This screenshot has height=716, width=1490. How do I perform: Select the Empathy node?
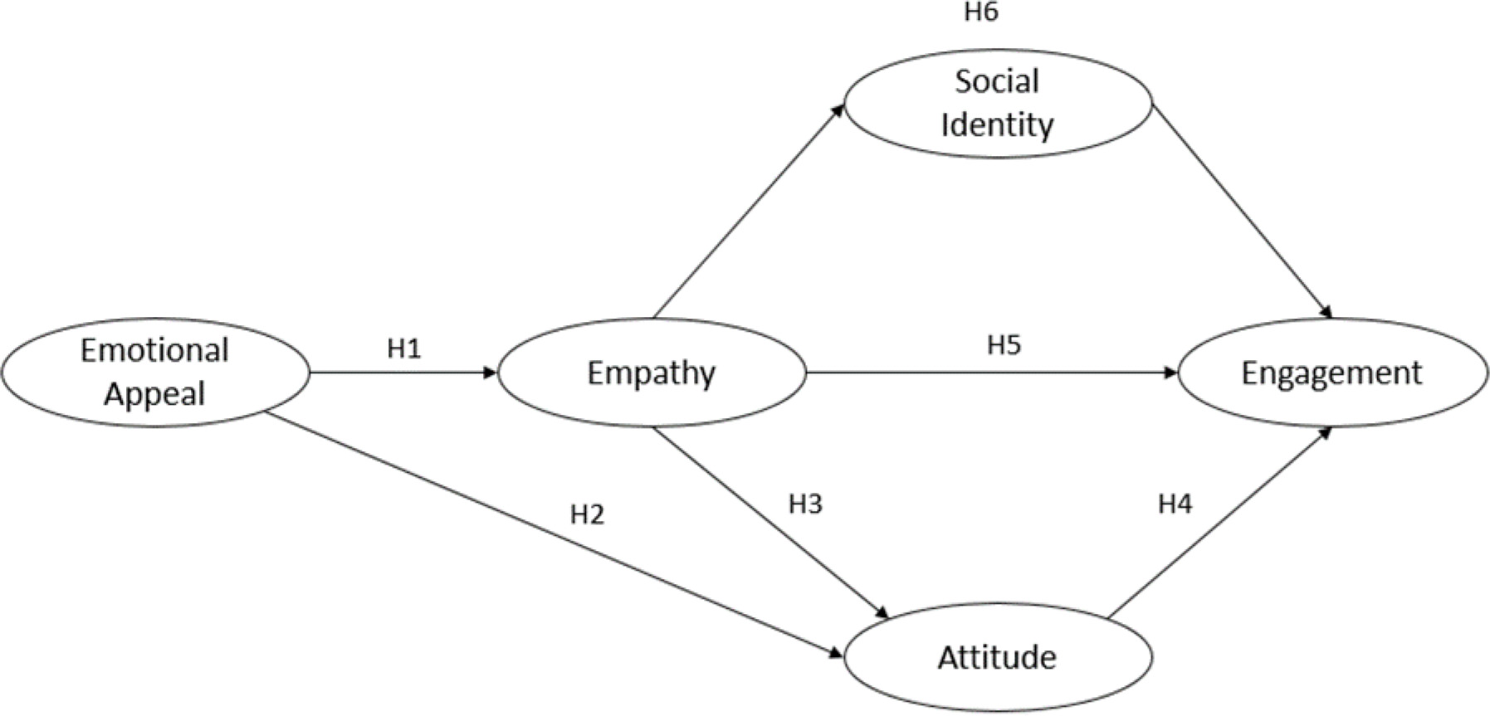[651, 373]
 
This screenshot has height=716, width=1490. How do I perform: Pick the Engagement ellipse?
[1331, 373]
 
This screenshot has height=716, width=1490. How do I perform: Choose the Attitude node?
[997, 657]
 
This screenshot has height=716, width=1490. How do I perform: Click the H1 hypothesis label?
[404, 348]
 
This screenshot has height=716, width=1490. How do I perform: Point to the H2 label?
[587, 514]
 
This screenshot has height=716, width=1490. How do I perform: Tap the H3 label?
[805, 504]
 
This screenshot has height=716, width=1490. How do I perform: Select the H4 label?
[1175, 504]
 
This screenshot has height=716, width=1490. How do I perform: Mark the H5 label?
[1004, 344]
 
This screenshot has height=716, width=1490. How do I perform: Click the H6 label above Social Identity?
[980, 13]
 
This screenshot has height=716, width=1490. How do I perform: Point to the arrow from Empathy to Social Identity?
[747, 212]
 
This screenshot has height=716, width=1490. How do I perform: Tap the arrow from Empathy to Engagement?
[992, 373]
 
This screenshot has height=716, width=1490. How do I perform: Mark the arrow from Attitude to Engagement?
[1220, 523]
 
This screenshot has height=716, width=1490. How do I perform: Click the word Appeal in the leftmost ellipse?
[154, 393]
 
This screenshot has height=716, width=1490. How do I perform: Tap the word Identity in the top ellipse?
[997, 124]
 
